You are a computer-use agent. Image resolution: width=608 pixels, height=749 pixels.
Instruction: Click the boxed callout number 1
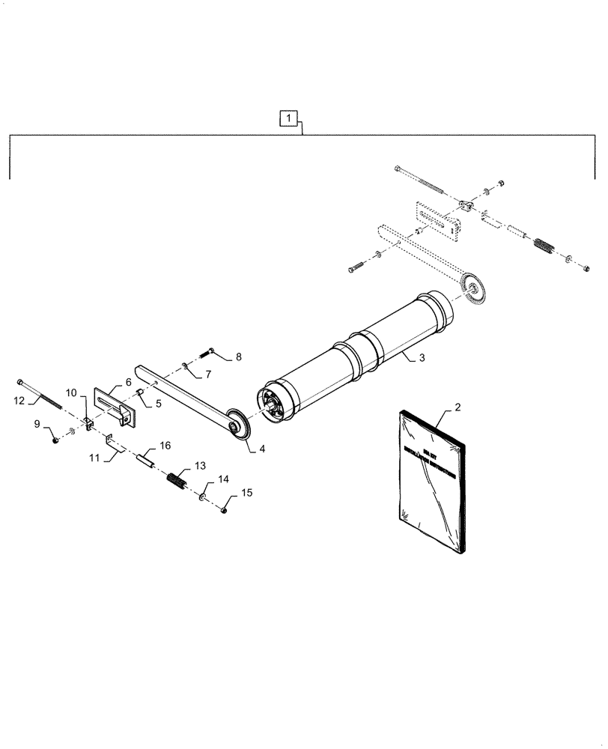tap(289, 118)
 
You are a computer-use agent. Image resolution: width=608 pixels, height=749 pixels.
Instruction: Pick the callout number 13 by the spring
tap(199, 467)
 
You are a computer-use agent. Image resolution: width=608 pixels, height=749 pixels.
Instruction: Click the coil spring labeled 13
tap(177, 480)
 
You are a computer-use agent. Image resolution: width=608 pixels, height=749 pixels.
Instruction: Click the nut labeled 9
tap(55, 439)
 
